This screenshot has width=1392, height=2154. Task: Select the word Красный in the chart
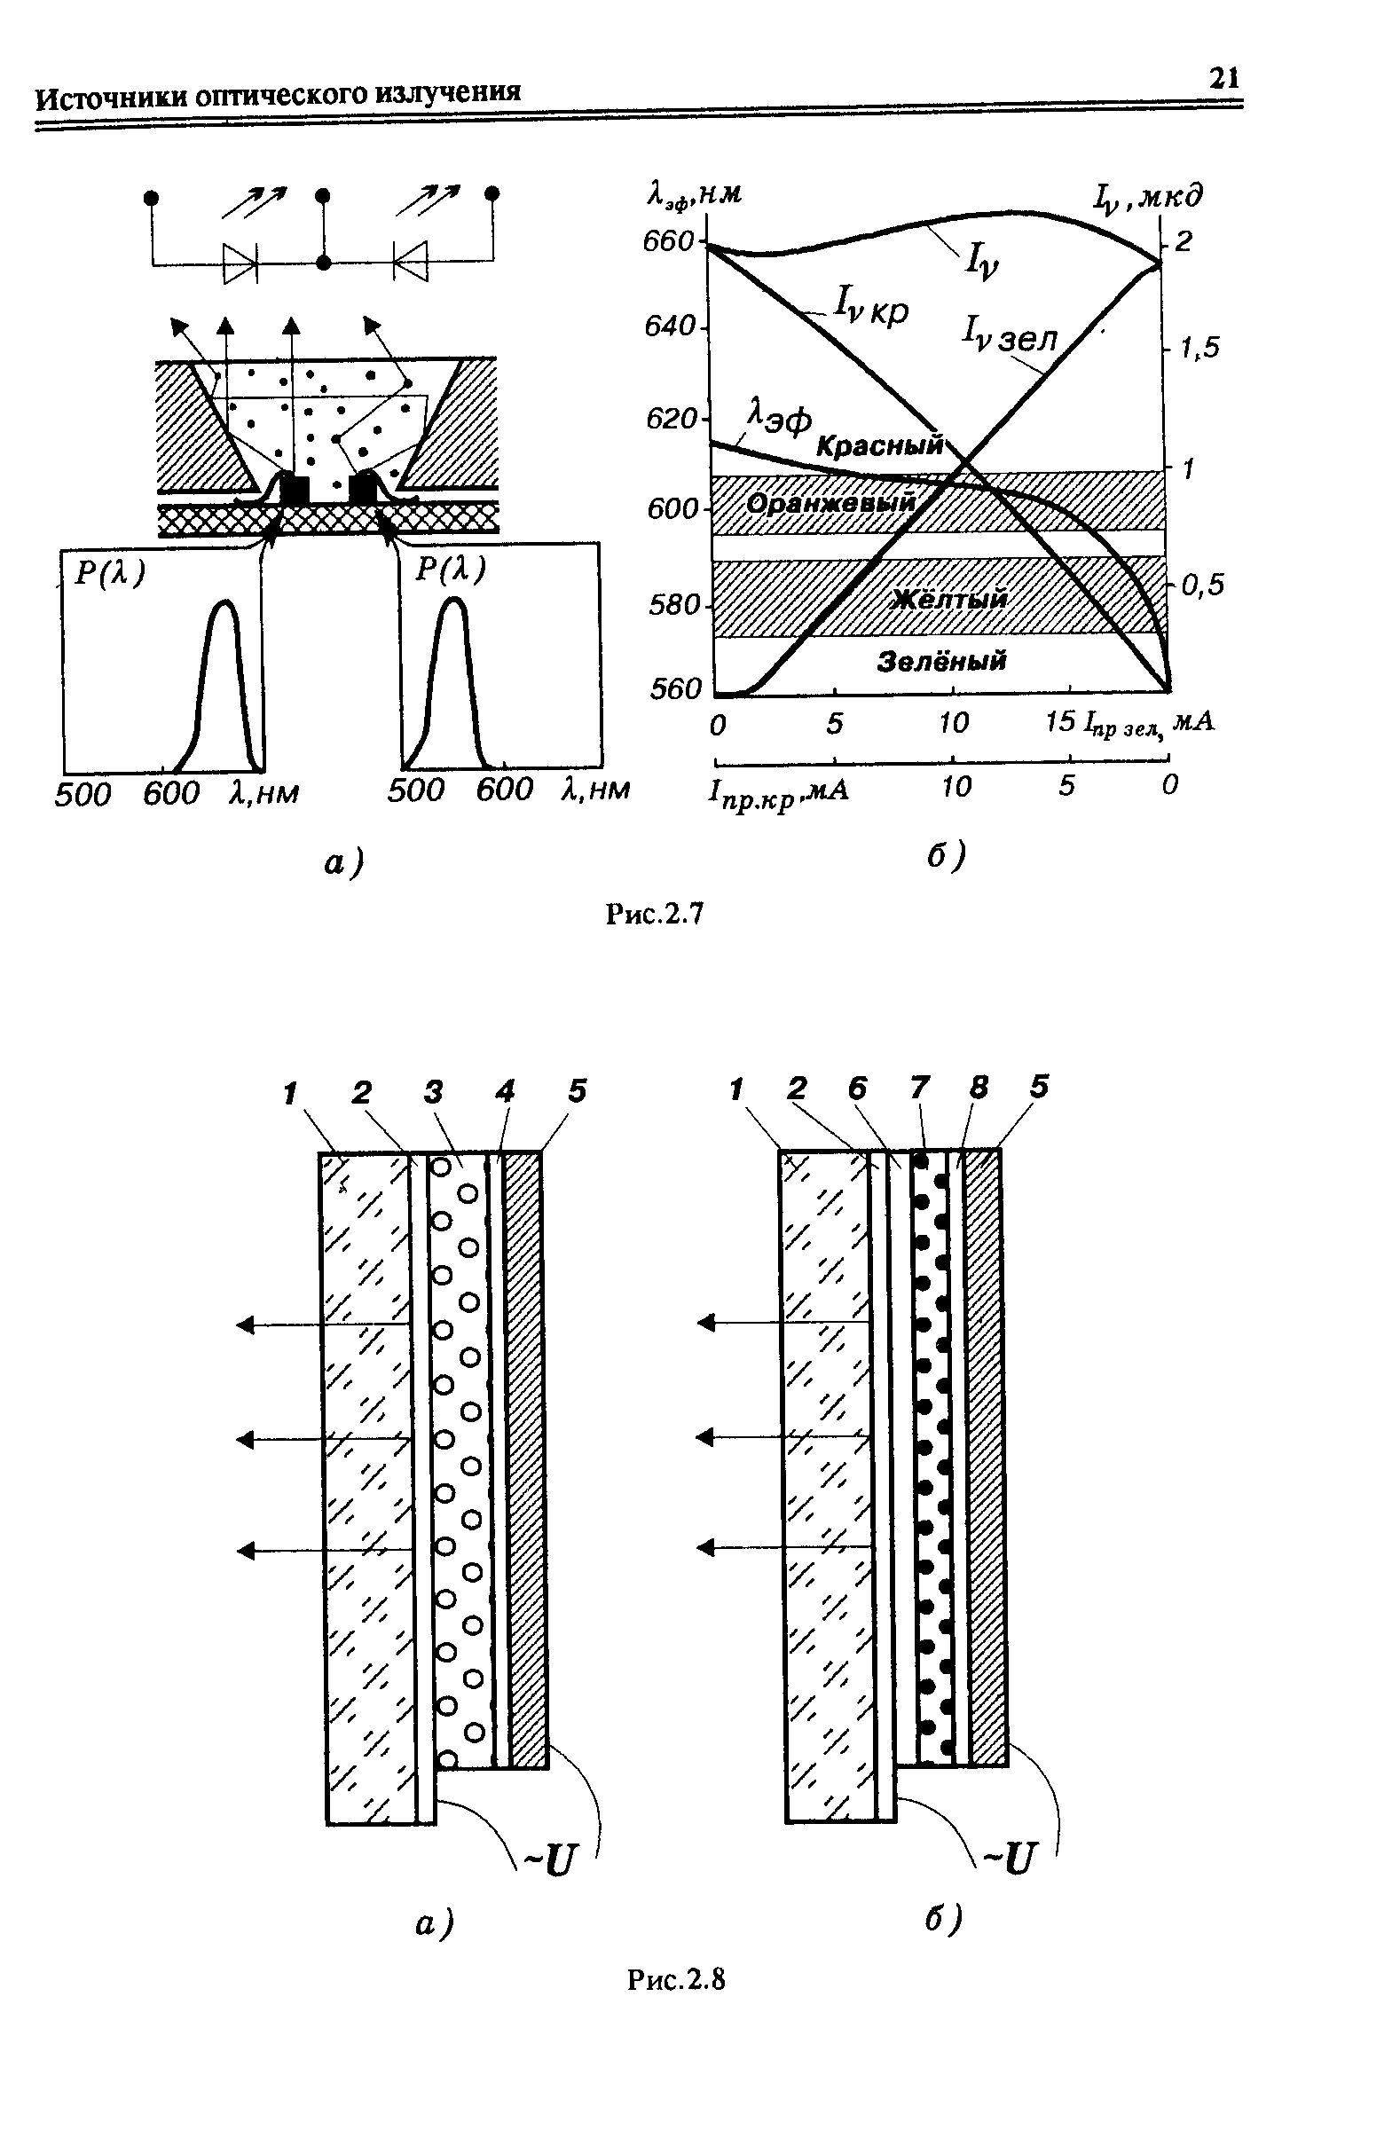tap(878, 444)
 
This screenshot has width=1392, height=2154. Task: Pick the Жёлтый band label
tap(949, 600)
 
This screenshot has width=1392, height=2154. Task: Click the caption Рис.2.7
tap(654, 915)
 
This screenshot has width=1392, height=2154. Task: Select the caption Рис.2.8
tap(677, 1978)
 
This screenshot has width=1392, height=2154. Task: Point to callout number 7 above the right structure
tap(919, 1088)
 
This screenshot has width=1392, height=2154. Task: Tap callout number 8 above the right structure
tap(978, 1088)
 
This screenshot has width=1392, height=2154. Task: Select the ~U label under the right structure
tap(1006, 1858)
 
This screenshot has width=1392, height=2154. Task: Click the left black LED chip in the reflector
tap(295, 489)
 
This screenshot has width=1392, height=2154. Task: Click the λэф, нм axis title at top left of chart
tap(691, 193)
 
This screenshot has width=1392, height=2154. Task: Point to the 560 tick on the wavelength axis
tap(675, 688)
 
